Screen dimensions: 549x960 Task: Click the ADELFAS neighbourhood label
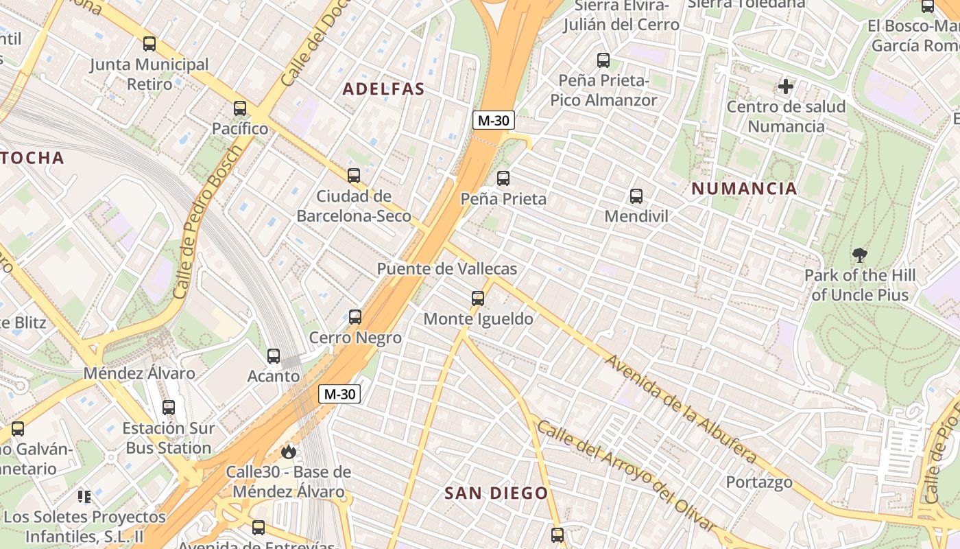383,89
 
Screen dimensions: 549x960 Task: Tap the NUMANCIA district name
744,189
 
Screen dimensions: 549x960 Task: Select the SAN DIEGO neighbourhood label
496,493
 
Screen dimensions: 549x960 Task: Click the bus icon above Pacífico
239,108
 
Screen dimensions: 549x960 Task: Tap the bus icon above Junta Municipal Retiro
149,44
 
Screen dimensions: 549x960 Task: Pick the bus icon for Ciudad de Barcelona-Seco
354,176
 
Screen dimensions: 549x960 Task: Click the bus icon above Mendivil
636,196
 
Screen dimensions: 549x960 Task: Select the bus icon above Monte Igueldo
478,299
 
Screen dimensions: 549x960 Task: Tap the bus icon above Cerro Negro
355,317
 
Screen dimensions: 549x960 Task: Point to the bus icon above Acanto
274,356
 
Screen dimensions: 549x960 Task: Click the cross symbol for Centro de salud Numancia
786,86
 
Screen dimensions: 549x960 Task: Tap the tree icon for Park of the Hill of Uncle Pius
859,255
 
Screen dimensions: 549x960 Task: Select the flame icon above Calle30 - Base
288,452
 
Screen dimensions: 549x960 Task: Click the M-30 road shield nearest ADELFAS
493,121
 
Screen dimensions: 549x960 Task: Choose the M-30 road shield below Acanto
339,394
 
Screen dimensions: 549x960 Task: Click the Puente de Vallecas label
446,269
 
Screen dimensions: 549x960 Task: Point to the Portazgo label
759,482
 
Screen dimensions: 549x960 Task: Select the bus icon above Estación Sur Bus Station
169,407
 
